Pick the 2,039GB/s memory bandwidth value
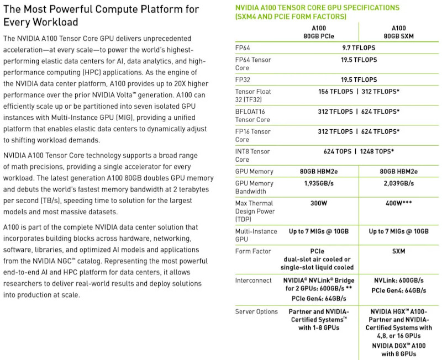(x=399, y=183)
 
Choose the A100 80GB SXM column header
(x=399, y=31)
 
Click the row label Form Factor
(x=253, y=251)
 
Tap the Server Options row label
(x=256, y=311)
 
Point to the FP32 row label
(x=244, y=80)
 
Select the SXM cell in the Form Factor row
(x=399, y=251)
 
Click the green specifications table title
(x=317, y=12)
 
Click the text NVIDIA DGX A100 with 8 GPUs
(x=399, y=350)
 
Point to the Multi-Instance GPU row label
(x=256, y=235)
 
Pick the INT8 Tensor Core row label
(x=252, y=155)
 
